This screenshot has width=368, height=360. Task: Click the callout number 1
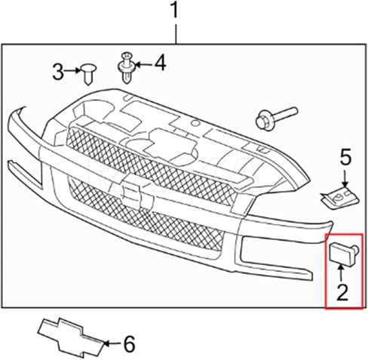coord(174,10)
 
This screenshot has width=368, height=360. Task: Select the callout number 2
coord(342,292)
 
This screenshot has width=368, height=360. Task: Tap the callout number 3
coord(58,72)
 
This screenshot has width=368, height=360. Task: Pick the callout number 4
coord(160,63)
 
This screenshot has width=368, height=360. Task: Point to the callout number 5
coord(345,157)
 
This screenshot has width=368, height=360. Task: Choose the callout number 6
coord(130,343)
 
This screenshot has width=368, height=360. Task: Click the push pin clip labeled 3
coord(88,74)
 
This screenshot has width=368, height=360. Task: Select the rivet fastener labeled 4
coord(127,67)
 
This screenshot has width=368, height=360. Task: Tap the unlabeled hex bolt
coord(277,118)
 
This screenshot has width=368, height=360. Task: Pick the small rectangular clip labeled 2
coord(344,254)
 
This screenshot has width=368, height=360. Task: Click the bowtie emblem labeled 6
coord(72,337)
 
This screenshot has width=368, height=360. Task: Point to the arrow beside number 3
coord(72,71)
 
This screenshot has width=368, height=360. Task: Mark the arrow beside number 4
coord(144,65)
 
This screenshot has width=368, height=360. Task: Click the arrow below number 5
coord(345,178)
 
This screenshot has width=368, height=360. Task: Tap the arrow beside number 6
coord(112,343)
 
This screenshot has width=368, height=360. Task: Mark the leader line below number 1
coord(176,34)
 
